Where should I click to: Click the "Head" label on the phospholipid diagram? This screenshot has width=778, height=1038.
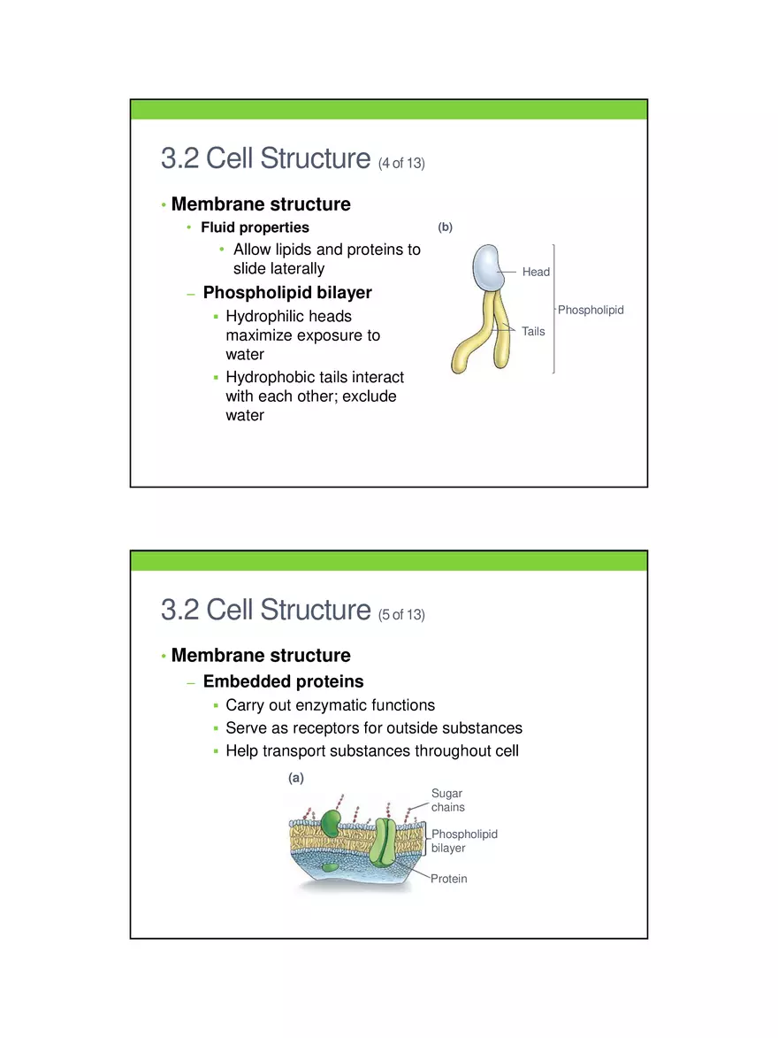[536, 272]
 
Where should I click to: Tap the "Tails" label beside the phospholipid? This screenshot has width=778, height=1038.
[533, 332]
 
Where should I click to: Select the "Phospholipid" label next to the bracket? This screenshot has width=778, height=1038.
[591, 310]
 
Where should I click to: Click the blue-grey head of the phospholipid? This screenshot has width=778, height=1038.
[488, 267]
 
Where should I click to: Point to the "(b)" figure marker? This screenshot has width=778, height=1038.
[445, 227]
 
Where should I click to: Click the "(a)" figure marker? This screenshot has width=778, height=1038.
[296, 778]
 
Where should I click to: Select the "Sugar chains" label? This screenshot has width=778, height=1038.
[447, 800]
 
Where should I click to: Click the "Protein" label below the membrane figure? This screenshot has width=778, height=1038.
[449, 879]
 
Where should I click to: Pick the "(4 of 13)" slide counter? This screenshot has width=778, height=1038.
[401, 164]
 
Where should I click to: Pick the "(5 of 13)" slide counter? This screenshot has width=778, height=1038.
[401, 615]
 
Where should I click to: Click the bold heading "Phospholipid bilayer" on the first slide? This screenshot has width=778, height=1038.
[287, 293]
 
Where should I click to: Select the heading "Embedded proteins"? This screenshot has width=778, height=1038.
[283, 681]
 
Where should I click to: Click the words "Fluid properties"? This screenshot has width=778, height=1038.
[255, 227]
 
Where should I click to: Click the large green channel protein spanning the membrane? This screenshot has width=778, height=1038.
[385, 842]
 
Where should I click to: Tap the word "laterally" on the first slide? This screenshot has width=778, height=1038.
[293, 268]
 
